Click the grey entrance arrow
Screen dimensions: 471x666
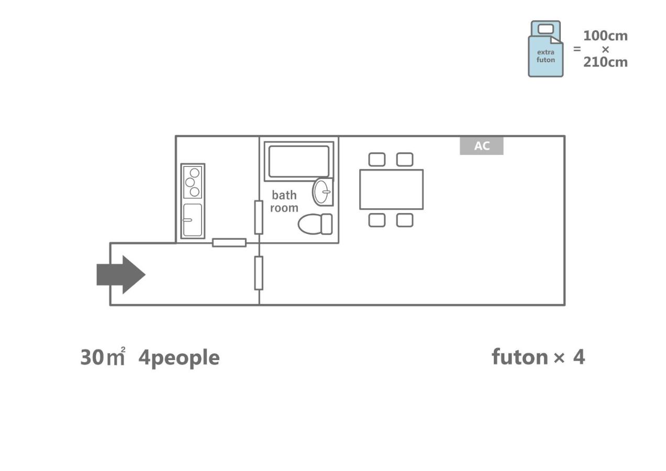point(121,274)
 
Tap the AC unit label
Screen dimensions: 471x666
point(482,146)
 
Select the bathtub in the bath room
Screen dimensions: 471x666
point(298,162)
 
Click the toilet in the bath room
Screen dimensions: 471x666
point(315,224)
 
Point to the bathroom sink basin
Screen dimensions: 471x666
point(323,192)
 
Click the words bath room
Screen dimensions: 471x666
point(284,201)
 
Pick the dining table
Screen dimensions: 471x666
point(391,189)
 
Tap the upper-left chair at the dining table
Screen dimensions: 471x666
point(377,160)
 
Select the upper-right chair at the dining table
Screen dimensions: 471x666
point(404,160)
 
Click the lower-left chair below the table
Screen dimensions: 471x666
point(377,220)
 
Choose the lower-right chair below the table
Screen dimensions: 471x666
point(404,220)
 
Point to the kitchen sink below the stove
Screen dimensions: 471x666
point(193,220)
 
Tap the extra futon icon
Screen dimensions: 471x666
point(546,50)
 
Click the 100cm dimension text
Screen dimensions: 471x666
point(605,36)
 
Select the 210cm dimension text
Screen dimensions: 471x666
point(605,62)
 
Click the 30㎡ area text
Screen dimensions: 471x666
point(103,357)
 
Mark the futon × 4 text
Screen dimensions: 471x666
point(538,357)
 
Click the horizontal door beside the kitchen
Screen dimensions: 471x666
point(229,243)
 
